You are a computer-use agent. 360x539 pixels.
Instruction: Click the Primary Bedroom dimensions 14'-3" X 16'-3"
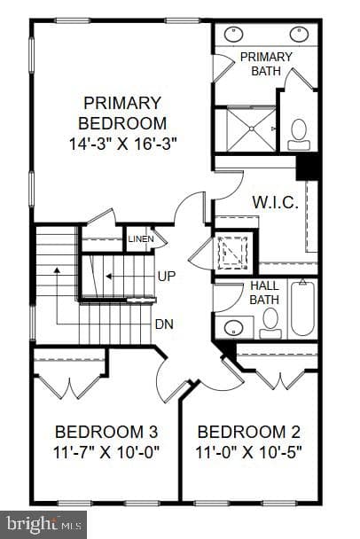[x=122, y=144]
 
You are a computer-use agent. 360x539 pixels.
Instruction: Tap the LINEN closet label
[x=141, y=238]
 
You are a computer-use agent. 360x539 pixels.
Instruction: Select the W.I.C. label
[x=276, y=202]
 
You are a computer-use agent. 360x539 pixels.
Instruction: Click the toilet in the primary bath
[x=299, y=135]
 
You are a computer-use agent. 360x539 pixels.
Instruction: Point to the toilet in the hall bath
[x=270, y=323]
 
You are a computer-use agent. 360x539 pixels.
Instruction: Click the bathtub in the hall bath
[x=302, y=308]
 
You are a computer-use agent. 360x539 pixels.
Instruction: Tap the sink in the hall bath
[x=234, y=328]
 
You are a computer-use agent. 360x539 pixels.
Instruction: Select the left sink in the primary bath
[x=234, y=35]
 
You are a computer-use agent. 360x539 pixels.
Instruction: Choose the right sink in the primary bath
[x=299, y=35]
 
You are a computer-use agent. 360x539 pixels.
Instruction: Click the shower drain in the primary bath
[x=252, y=129]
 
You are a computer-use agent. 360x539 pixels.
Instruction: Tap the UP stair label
[x=167, y=276]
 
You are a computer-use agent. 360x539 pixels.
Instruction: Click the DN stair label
[x=164, y=324]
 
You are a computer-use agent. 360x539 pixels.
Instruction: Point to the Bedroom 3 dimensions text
[x=106, y=452]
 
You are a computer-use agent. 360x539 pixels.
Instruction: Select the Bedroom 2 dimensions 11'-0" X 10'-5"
[x=248, y=452]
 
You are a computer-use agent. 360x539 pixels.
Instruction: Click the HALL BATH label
[x=264, y=293]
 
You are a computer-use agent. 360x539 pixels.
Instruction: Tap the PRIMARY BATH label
[x=266, y=64]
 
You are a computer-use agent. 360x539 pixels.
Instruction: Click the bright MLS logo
[x=43, y=525]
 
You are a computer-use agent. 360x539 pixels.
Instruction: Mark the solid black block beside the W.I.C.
[x=307, y=168]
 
